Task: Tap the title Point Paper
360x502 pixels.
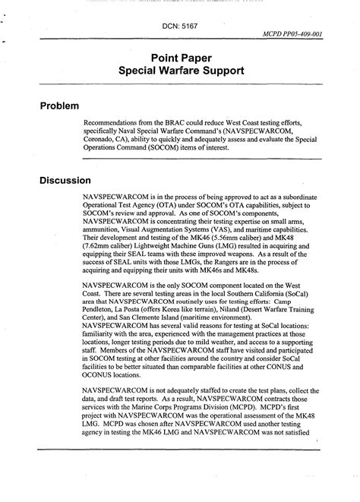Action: point(179,58)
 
